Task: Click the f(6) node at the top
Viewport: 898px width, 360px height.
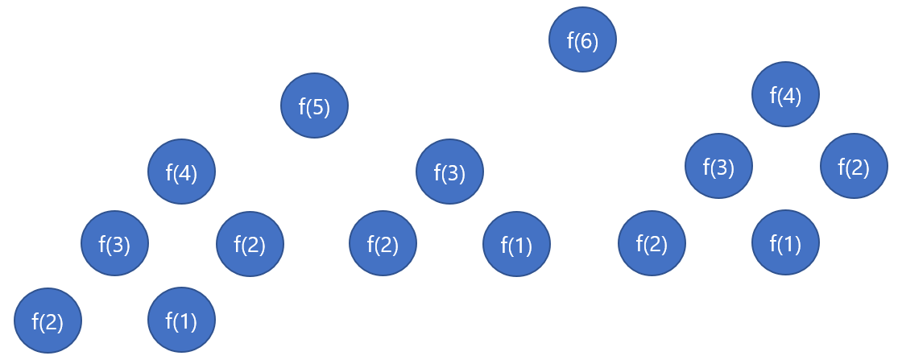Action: click(x=582, y=39)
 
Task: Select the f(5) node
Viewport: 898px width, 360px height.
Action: click(x=314, y=106)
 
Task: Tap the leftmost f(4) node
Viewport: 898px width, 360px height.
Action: click(x=181, y=172)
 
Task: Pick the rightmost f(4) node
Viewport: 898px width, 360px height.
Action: click(x=785, y=94)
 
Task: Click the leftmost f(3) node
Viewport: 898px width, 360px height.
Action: click(x=114, y=242)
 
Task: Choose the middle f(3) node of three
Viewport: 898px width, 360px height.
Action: click(x=449, y=172)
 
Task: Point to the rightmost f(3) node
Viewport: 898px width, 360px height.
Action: click(x=718, y=166)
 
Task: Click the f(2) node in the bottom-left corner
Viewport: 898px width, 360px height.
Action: click(x=48, y=321)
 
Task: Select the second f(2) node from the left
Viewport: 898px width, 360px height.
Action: click(x=250, y=243)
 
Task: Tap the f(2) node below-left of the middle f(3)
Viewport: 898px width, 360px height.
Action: click(x=383, y=243)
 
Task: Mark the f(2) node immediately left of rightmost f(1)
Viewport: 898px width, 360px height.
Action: click(x=652, y=243)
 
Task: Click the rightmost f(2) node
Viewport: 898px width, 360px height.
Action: click(x=854, y=166)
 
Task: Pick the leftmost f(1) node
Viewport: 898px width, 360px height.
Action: click(x=181, y=320)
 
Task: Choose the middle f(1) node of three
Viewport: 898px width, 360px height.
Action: click(x=516, y=244)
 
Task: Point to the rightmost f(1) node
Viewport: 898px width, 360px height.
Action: click(x=785, y=242)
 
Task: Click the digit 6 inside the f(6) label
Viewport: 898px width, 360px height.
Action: click(x=587, y=40)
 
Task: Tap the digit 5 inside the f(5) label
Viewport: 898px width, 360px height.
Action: click(x=319, y=106)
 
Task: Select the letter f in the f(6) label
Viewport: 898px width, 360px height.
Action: click(x=569, y=40)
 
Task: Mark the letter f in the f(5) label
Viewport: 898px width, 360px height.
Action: click(x=301, y=106)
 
